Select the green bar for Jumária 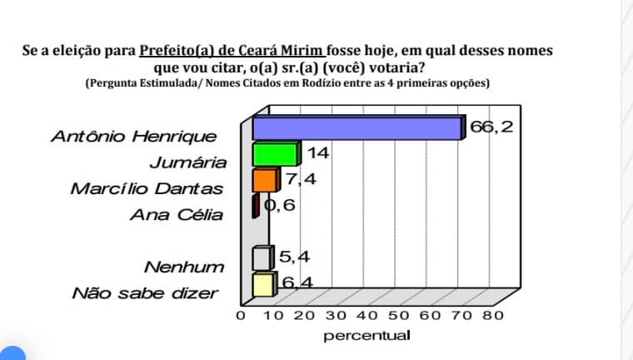[x=275, y=155]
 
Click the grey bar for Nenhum [x=262, y=257]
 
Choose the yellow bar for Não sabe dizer [x=262, y=283]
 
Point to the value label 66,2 [x=491, y=127]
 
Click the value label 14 [x=317, y=153]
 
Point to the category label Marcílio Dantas [x=147, y=188]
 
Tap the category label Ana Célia [x=177, y=214]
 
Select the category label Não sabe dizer [x=146, y=292]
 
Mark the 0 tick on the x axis [x=242, y=317]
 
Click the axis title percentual [x=366, y=336]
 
